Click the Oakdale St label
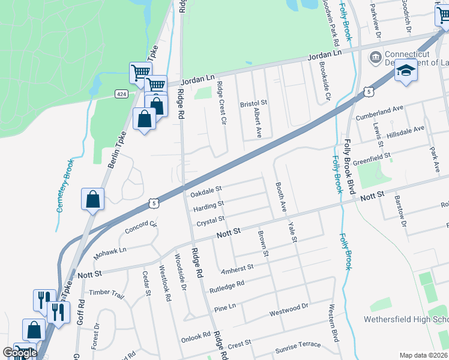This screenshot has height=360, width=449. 206,193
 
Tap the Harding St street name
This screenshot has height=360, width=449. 208,208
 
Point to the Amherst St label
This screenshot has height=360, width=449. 238,268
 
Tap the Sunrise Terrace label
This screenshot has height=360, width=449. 298,349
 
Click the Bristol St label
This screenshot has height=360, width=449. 253,104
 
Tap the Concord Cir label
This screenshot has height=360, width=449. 140,229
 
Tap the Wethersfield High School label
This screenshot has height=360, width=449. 406,319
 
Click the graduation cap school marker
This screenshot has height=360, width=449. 406,71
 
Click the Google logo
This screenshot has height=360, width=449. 20,353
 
